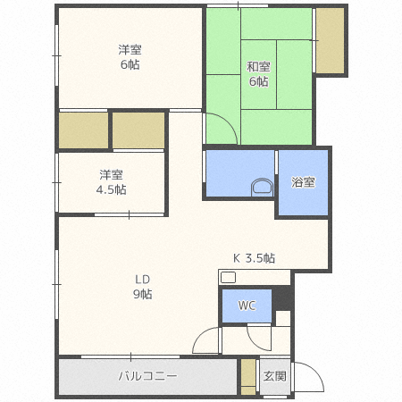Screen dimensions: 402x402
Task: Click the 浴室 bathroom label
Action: pos(303,181)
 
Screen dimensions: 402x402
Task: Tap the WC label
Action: pos(247,306)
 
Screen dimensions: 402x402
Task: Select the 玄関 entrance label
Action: pos(274,376)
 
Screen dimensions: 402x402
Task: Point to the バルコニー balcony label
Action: pos(147,376)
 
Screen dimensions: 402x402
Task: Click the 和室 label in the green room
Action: pos(259,65)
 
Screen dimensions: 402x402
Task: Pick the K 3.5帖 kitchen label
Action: pos(254,258)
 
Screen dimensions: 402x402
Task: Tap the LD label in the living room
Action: pos(143,278)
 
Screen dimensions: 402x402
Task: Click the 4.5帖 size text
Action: pos(112,189)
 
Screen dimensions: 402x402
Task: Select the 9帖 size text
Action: pos(143,294)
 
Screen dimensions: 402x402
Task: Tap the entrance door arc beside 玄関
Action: pos(303,378)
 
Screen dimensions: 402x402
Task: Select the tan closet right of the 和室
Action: pos(330,42)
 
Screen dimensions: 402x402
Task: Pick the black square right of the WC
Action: pos(283,316)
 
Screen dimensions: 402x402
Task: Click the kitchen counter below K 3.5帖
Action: pos(255,276)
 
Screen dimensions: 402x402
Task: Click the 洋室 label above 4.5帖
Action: pos(112,174)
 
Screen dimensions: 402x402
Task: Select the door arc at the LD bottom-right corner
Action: pos(208,340)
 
